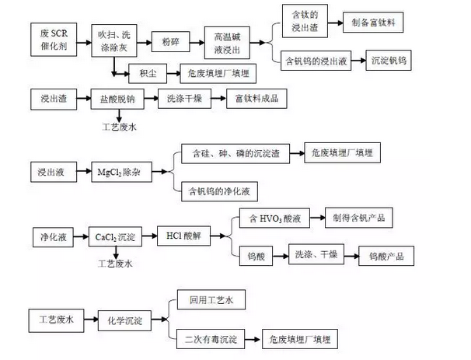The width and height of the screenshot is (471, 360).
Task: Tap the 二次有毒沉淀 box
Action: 210,339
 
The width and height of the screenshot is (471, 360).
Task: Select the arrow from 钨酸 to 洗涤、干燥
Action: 280,255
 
